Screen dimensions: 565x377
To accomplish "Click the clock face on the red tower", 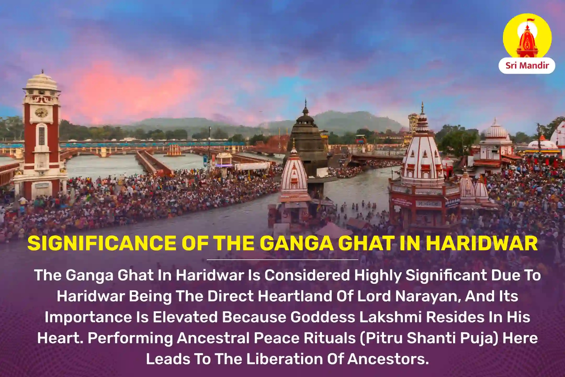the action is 42,113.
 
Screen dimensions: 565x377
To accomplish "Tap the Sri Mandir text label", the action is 527,65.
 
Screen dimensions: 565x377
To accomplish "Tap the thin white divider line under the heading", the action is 282,259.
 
